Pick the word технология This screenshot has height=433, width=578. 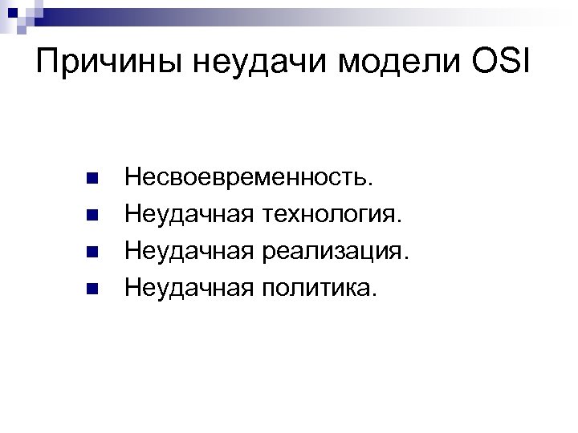click(x=329, y=214)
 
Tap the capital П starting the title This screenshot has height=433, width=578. click(x=49, y=62)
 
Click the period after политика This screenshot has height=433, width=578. click(x=371, y=294)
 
